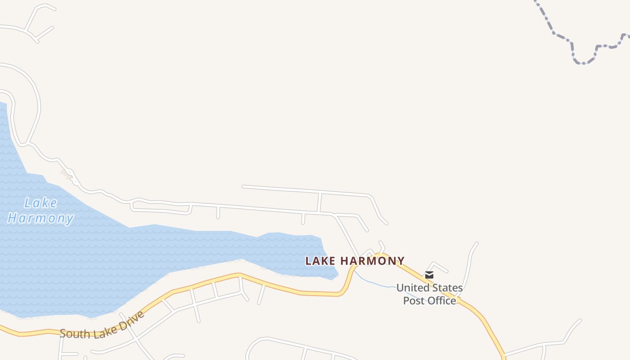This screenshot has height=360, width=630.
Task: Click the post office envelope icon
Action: [429, 275]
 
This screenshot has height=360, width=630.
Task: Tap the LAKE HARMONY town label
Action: [355, 261]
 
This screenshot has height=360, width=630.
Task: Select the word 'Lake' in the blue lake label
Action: [40, 203]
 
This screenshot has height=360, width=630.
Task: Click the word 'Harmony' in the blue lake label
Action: [40, 219]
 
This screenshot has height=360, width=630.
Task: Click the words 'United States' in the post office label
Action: [429, 288]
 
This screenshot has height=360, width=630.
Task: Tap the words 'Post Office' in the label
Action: [429, 301]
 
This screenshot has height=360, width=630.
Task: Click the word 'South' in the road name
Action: [73, 334]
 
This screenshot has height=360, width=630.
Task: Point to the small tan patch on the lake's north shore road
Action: [66, 174]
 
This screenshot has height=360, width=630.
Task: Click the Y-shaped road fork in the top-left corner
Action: [28, 31]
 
